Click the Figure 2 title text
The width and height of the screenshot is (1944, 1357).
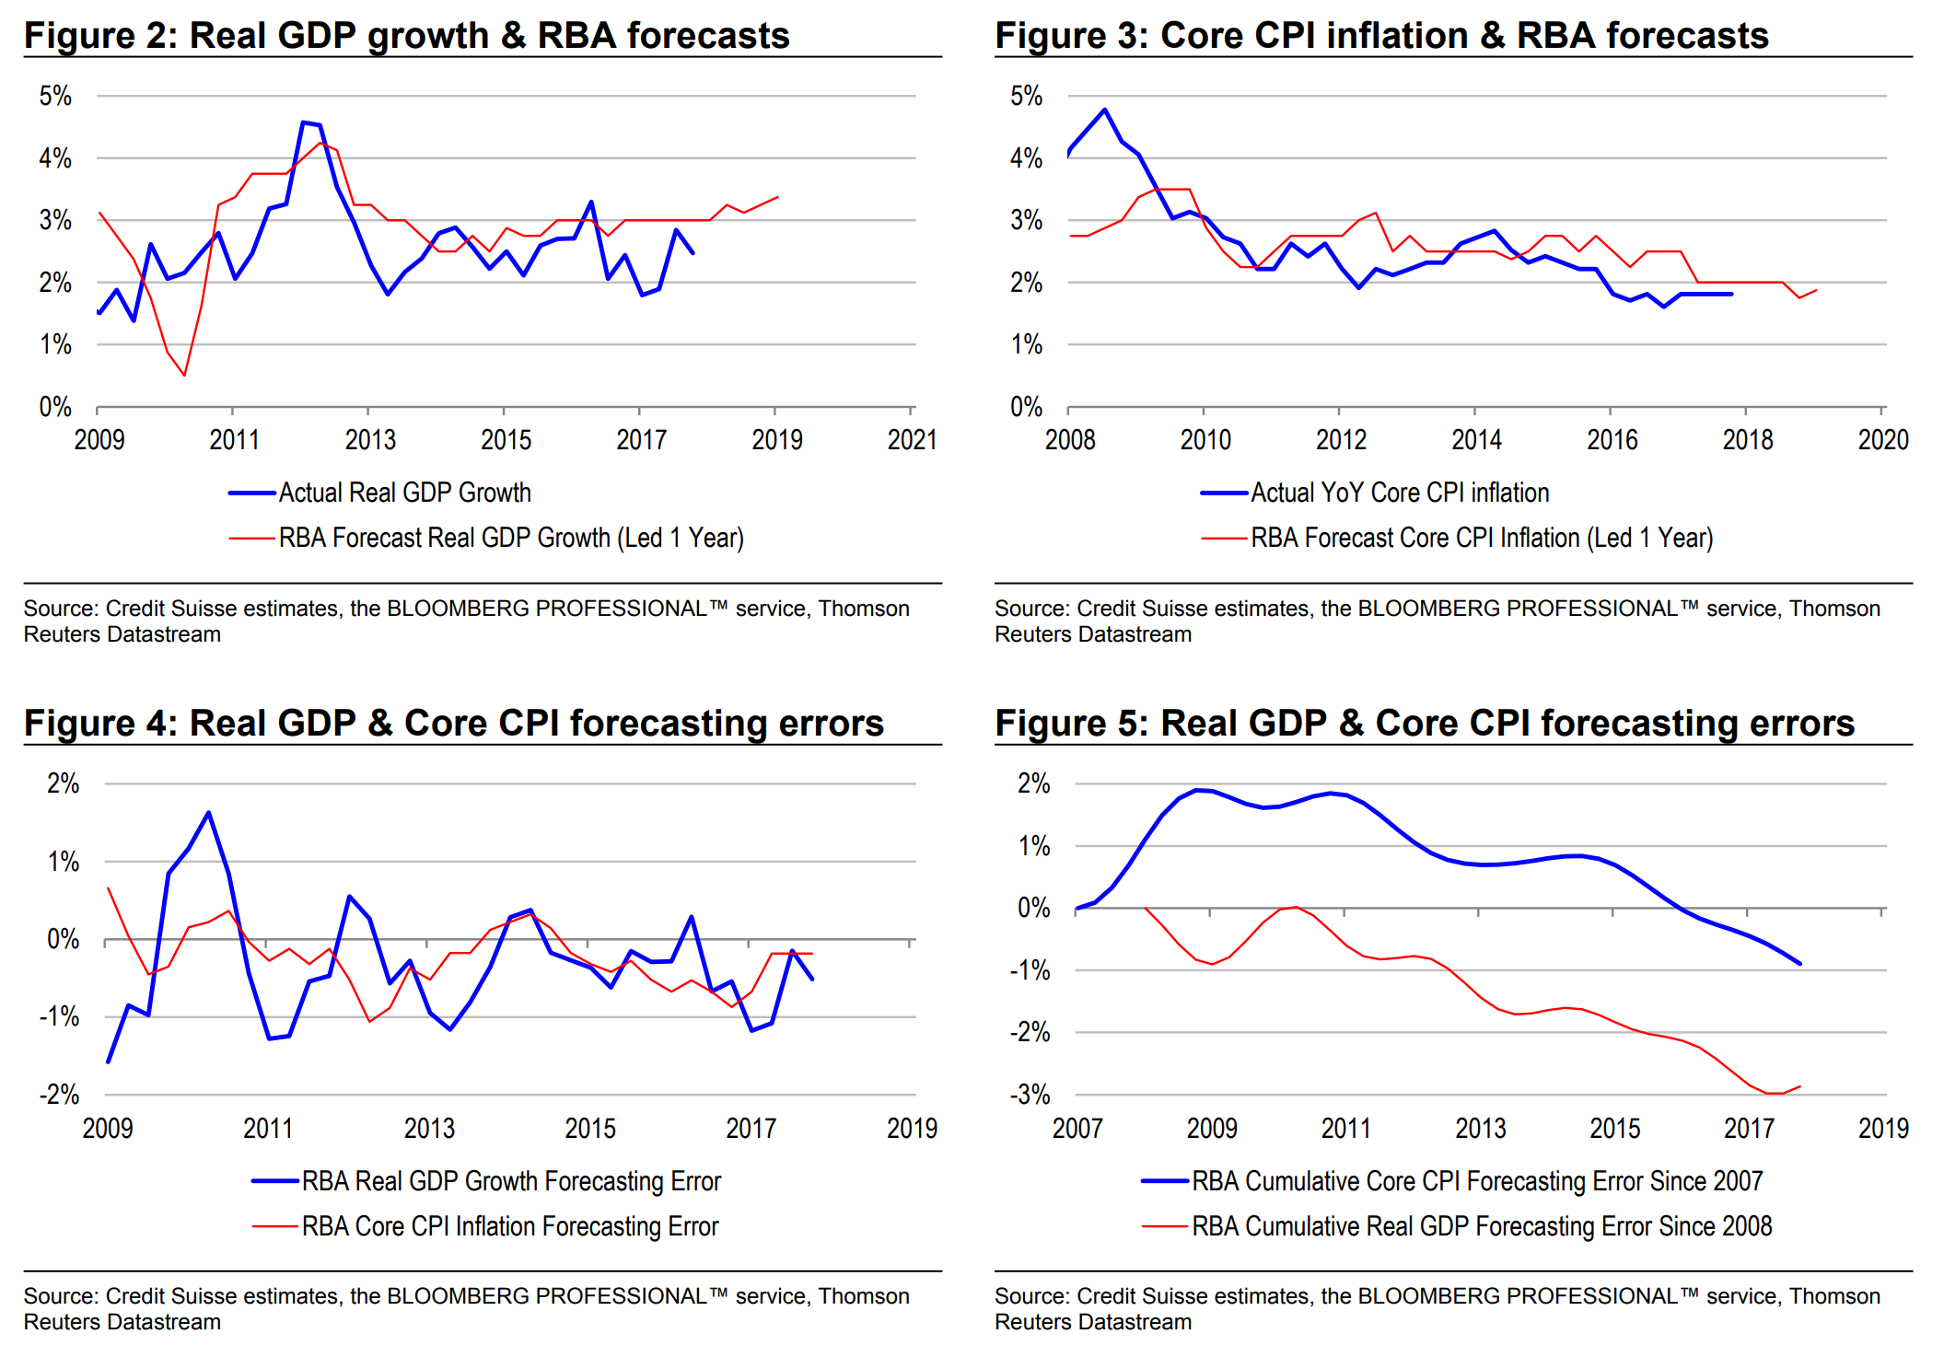pyautogui.click(x=406, y=35)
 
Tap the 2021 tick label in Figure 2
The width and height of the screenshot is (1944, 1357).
pyautogui.click(x=912, y=439)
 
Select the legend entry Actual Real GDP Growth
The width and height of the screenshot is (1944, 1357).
pyautogui.click(x=404, y=493)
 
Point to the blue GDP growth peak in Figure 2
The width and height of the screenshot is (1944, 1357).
pyautogui.click(x=303, y=122)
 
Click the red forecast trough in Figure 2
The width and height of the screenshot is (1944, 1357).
pyautogui.click(x=184, y=375)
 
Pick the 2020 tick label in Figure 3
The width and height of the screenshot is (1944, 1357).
pyautogui.click(x=1882, y=439)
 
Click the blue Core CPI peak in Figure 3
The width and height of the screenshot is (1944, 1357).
pyautogui.click(x=1104, y=110)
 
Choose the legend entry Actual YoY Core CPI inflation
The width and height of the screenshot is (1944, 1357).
pyautogui.click(x=1399, y=493)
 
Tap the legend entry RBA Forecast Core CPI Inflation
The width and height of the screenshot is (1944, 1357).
pyautogui.click(x=1481, y=538)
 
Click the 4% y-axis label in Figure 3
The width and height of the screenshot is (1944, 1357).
pyautogui.click(x=1026, y=158)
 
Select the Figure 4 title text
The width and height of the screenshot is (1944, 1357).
pyautogui.click(x=453, y=723)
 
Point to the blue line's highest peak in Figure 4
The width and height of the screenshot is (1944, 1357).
pyautogui.click(x=209, y=813)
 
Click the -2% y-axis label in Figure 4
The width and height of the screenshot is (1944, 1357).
pyautogui.click(x=60, y=1095)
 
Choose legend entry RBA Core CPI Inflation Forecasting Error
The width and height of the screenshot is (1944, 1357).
pyautogui.click(x=509, y=1226)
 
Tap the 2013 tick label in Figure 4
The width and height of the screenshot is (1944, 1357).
pyautogui.click(x=429, y=1128)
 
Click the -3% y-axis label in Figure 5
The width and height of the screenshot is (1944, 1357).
pyautogui.click(x=1030, y=1095)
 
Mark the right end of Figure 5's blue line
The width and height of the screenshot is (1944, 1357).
pyautogui.click(x=1799, y=963)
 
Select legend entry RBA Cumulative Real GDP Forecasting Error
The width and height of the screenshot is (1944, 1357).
pyautogui.click(x=1481, y=1226)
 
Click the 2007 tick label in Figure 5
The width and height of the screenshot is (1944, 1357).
pyautogui.click(x=1077, y=1128)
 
